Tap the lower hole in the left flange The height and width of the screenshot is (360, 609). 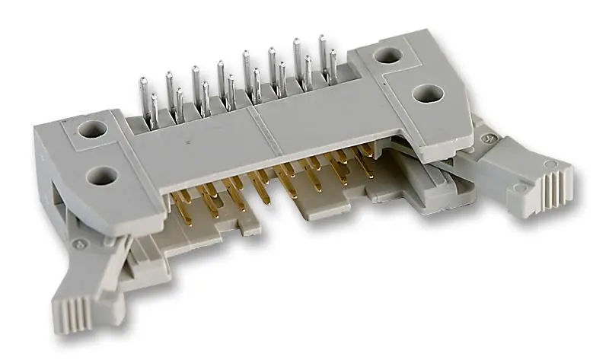98,176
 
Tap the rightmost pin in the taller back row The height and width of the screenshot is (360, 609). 323,53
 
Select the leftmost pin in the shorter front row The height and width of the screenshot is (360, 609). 155,110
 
